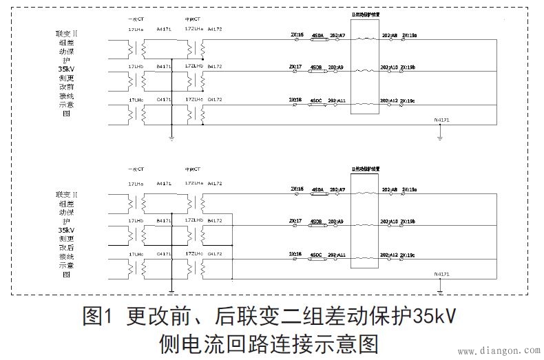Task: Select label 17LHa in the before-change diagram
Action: [x=136, y=30]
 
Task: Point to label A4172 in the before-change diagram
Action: [x=214, y=30]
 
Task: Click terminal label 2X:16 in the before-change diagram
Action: [x=296, y=34]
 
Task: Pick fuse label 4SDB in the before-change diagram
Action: [x=317, y=67]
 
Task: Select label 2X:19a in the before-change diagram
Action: [x=408, y=34]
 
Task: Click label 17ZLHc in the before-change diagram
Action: [x=194, y=100]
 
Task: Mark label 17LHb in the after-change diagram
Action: [x=136, y=220]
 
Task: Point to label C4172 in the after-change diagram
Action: [x=214, y=254]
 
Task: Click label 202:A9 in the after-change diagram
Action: [x=337, y=221]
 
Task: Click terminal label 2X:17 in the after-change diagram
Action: [x=296, y=221]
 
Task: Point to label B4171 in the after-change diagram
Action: [x=164, y=220]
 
